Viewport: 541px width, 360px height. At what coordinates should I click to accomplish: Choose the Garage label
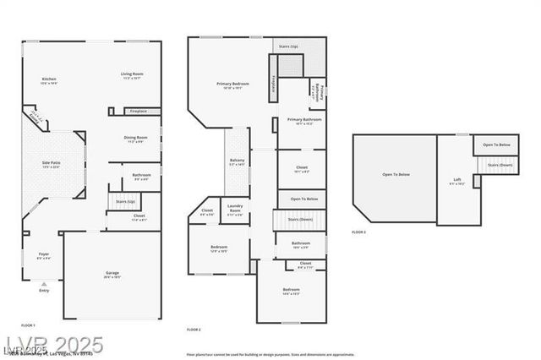112,274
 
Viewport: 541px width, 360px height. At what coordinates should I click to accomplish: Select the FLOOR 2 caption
194,329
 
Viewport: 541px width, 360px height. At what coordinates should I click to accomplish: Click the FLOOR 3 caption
359,232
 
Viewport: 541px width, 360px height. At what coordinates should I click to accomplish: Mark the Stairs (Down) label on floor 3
499,165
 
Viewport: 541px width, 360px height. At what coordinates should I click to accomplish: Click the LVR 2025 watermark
52,345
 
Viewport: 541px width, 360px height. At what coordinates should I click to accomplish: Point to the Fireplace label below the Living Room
137,111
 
